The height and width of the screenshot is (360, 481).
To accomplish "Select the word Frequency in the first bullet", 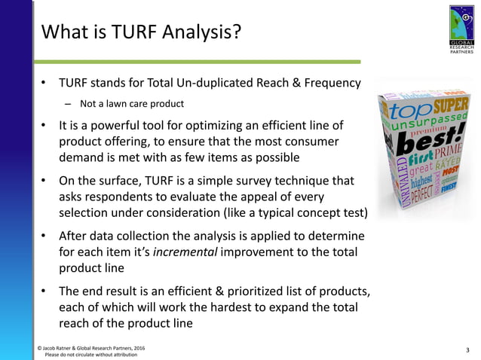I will (x=325, y=82).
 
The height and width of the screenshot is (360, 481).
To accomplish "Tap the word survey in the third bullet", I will (x=262, y=181).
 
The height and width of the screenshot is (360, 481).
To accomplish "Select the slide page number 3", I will (x=467, y=349).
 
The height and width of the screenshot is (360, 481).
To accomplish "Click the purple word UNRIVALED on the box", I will (x=392, y=188).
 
